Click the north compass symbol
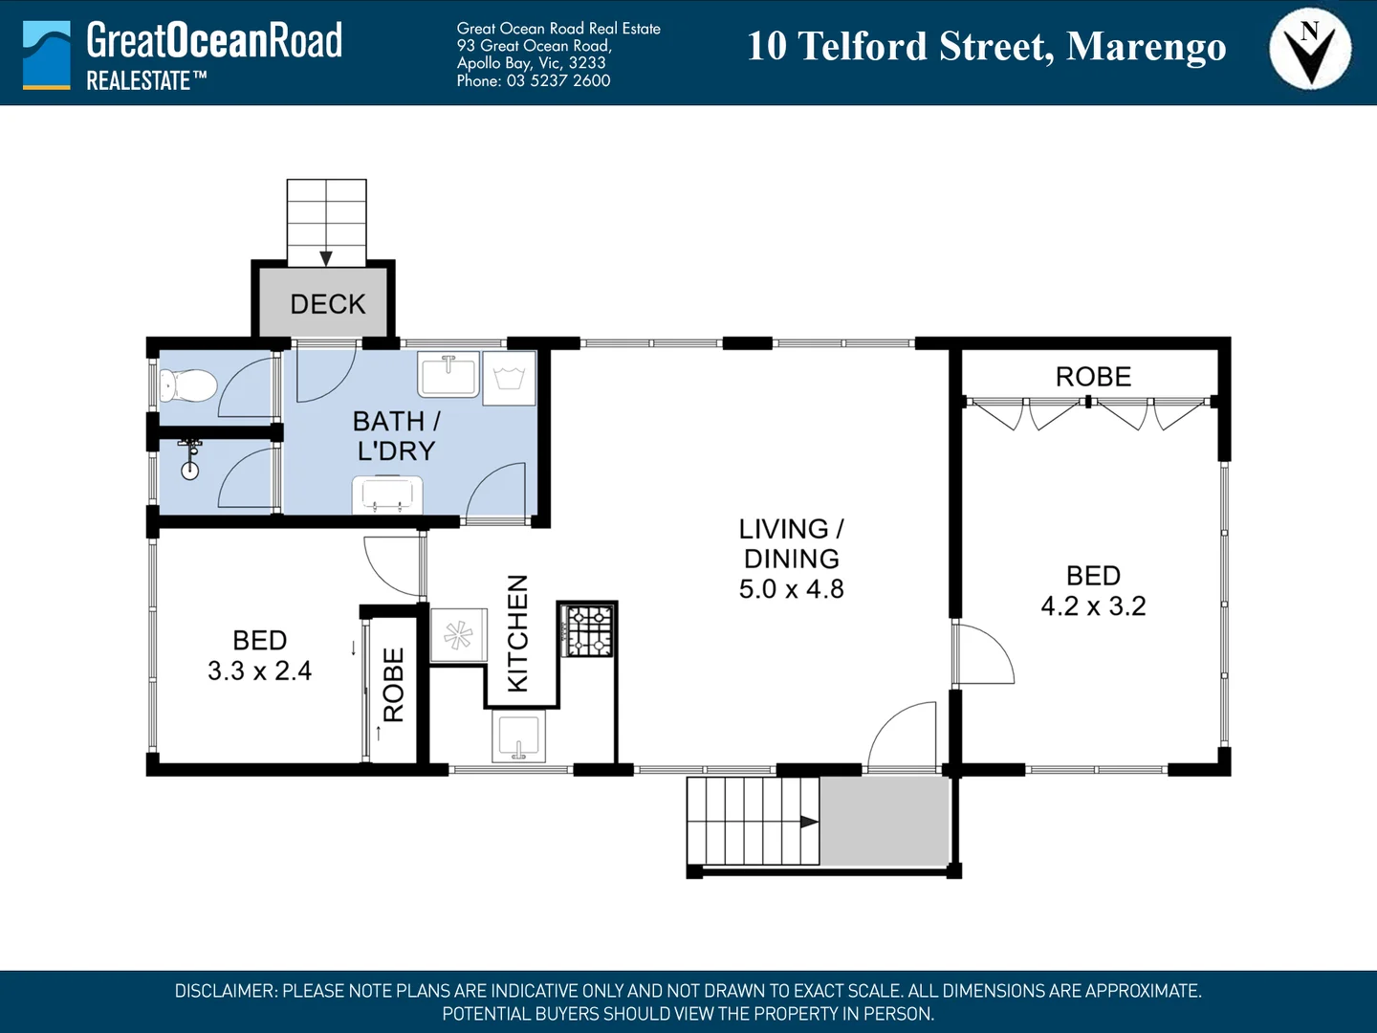tap(1310, 49)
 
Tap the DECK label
tap(327, 304)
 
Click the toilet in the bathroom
tap(188, 385)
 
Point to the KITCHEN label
tap(517, 633)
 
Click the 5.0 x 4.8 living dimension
tap(791, 589)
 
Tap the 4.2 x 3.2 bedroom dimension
tap(1093, 605)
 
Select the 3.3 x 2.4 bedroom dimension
tap(260, 671)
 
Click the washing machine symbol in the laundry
tap(509, 378)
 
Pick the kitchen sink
tap(518, 736)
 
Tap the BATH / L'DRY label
tap(397, 436)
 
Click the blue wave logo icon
tap(47, 55)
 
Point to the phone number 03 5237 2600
tap(558, 81)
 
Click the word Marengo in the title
tap(1147, 47)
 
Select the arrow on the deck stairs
tap(326, 258)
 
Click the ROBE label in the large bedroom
tap(1093, 377)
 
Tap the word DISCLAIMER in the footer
tap(226, 991)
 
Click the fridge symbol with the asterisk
tap(459, 635)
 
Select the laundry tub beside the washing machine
tap(448, 374)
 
